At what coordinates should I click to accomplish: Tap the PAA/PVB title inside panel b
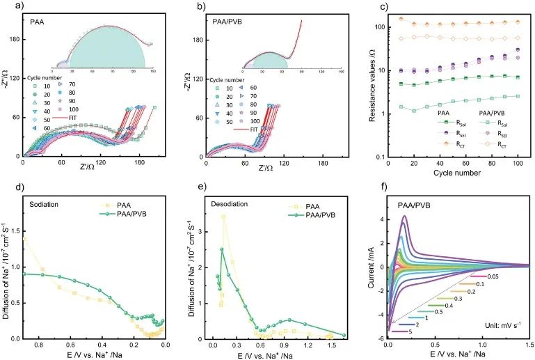coord(227,23)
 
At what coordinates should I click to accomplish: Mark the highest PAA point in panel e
coord(223,217)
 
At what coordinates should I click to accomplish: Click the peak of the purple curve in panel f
coord(404,216)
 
